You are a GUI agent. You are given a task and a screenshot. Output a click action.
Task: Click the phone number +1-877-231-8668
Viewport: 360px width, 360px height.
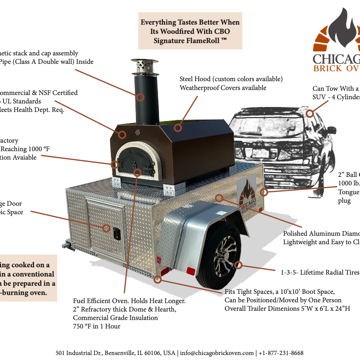[281, 353]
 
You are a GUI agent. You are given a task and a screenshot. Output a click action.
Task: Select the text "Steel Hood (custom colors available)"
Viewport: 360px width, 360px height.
[231, 79]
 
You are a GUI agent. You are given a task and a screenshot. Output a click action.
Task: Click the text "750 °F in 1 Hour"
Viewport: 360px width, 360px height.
[96, 326]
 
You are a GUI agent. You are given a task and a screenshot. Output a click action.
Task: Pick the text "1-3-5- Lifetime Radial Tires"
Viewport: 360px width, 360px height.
[320, 272]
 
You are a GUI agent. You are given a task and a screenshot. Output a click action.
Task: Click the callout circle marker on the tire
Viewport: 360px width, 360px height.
[238, 265]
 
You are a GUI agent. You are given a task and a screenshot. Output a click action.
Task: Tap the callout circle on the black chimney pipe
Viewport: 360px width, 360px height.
[141, 97]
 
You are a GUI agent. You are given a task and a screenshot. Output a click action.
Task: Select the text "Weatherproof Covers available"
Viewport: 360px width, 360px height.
[223, 88]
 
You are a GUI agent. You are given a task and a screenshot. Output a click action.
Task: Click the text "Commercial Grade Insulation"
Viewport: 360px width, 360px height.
[115, 318]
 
